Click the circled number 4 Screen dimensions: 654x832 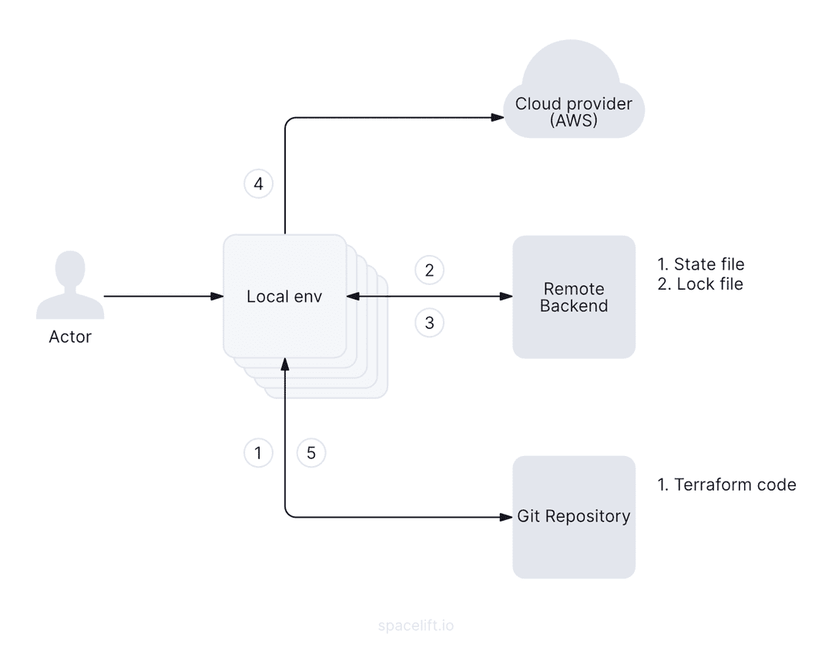click(x=258, y=184)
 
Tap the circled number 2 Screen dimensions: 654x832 click(x=429, y=270)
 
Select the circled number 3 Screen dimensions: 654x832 click(x=429, y=323)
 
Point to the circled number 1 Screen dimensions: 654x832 click(x=258, y=453)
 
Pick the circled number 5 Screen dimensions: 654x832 click(x=311, y=453)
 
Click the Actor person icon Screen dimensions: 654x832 click(x=70, y=288)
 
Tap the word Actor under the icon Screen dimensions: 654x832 click(x=70, y=337)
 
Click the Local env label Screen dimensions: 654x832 click(x=284, y=297)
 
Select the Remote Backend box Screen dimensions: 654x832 click(x=574, y=297)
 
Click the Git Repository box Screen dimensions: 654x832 click(x=574, y=516)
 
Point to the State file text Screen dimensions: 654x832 click(x=709, y=265)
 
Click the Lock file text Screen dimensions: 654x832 click(x=710, y=284)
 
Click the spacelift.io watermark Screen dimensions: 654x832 click(x=416, y=625)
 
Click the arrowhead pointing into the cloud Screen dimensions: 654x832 click(x=498, y=117)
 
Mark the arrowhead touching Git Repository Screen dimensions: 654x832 click(x=507, y=516)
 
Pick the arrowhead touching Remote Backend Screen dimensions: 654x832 click(x=507, y=296)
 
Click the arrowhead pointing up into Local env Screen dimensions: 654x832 click(x=285, y=364)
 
